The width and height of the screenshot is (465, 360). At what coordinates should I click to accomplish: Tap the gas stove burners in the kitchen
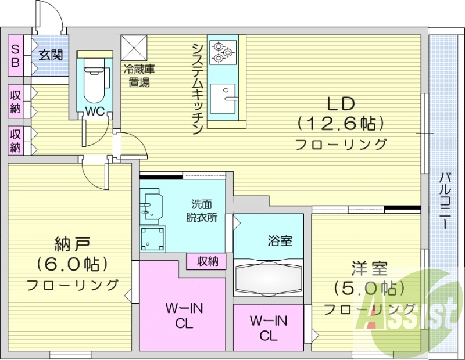pos(221,51)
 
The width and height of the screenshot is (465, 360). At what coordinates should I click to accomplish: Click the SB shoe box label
pos(15,55)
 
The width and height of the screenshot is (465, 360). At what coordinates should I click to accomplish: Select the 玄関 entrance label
pos(49,55)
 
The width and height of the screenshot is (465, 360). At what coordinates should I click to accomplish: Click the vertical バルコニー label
pos(445,201)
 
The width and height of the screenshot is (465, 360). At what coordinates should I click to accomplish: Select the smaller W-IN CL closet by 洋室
pos(268,327)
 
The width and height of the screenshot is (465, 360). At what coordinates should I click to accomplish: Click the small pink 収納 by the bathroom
pos(206,261)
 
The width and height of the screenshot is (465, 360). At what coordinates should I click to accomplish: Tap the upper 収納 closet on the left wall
pos(16,102)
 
